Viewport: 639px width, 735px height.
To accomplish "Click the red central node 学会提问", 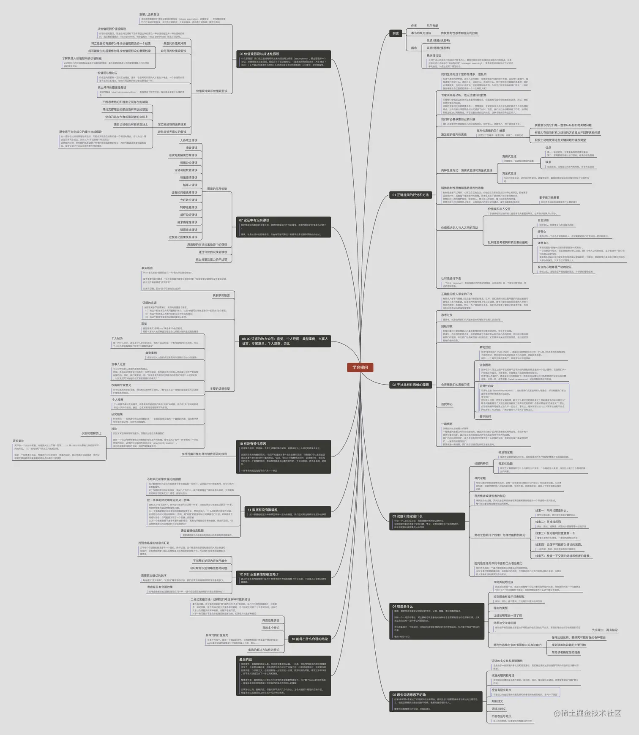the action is (x=360, y=367).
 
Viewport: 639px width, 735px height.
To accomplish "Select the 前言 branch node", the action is (x=396, y=33).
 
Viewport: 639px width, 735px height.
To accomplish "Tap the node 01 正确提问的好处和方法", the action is (x=410, y=195).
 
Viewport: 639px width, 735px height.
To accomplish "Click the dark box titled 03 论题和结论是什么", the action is (x=407, y=516).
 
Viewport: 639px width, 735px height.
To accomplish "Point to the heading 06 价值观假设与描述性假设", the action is (x=259, y=54).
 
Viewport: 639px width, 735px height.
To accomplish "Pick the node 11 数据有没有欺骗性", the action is (x=262, y=510).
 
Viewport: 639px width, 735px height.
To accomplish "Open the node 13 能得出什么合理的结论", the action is (x=309, y=639).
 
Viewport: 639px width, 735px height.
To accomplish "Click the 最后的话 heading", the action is (x=246, y=659).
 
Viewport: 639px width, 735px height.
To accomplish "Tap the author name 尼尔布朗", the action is (x=432, y=26).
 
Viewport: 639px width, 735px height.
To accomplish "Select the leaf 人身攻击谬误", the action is (x=188, y=140).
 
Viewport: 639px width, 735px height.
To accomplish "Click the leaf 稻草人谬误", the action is (x=190, y=185).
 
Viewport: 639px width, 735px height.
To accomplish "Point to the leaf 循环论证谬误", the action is (x=188, y=215).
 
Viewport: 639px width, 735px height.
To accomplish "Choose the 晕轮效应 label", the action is (x=485, y=347).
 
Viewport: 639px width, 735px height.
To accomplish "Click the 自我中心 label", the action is (x=447, y=404).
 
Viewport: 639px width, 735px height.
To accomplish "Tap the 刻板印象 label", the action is (x=447, y=326).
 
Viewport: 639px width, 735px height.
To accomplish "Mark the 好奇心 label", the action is (x=541, y=232).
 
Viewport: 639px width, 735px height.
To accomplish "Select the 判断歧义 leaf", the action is (x=497, y=701).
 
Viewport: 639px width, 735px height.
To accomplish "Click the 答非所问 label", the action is (x=485, y=416).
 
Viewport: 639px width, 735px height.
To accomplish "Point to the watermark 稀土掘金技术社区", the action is (x=587, y=713).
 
